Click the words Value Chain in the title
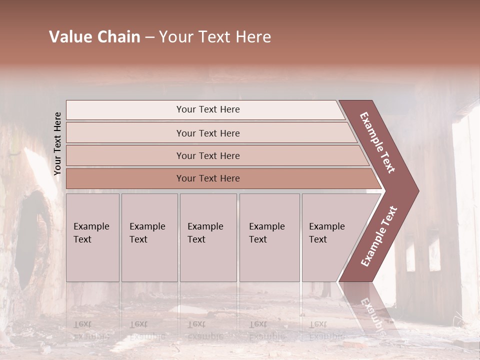[x=94, y=37]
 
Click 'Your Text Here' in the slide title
[x=215, y=37]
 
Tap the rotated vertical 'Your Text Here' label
[x=57, y=143]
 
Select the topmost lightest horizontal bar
[x=205, y=109]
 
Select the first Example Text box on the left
[x=92, y=237]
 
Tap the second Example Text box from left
[x=149, y=237]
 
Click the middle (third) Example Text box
[x=208, y=237]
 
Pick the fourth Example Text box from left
[x=269, y=237]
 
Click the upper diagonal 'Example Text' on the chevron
[x=377, y=142]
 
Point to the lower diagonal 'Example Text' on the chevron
[x=379, y=236]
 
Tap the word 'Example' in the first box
[x=91, y=226]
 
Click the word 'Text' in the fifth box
[x=318, y=239]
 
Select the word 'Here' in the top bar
[x=229, y=109]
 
